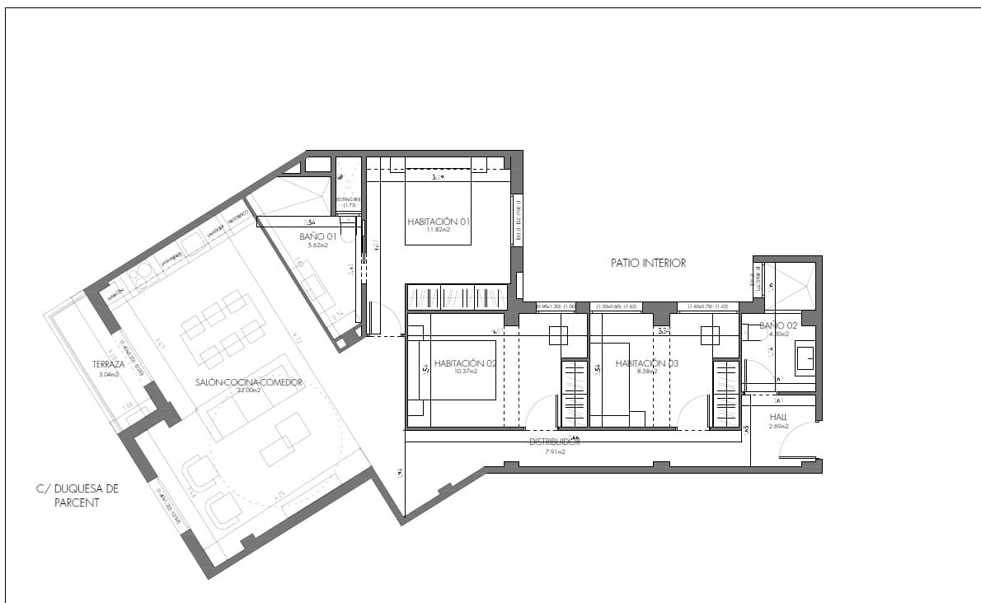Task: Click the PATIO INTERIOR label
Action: click(648, 264)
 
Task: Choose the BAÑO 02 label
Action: click(778, 326)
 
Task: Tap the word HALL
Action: click(778, 417)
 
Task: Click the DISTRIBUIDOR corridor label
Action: click(555, 442)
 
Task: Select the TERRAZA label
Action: click(109, 364)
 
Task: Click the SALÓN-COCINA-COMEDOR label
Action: click(250, 382)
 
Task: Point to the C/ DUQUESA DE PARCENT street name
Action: click(77, 495)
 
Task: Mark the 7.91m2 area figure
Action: click(555, 451)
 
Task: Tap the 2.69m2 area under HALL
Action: click(778, 427)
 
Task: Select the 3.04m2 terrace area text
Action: click(109, 374)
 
